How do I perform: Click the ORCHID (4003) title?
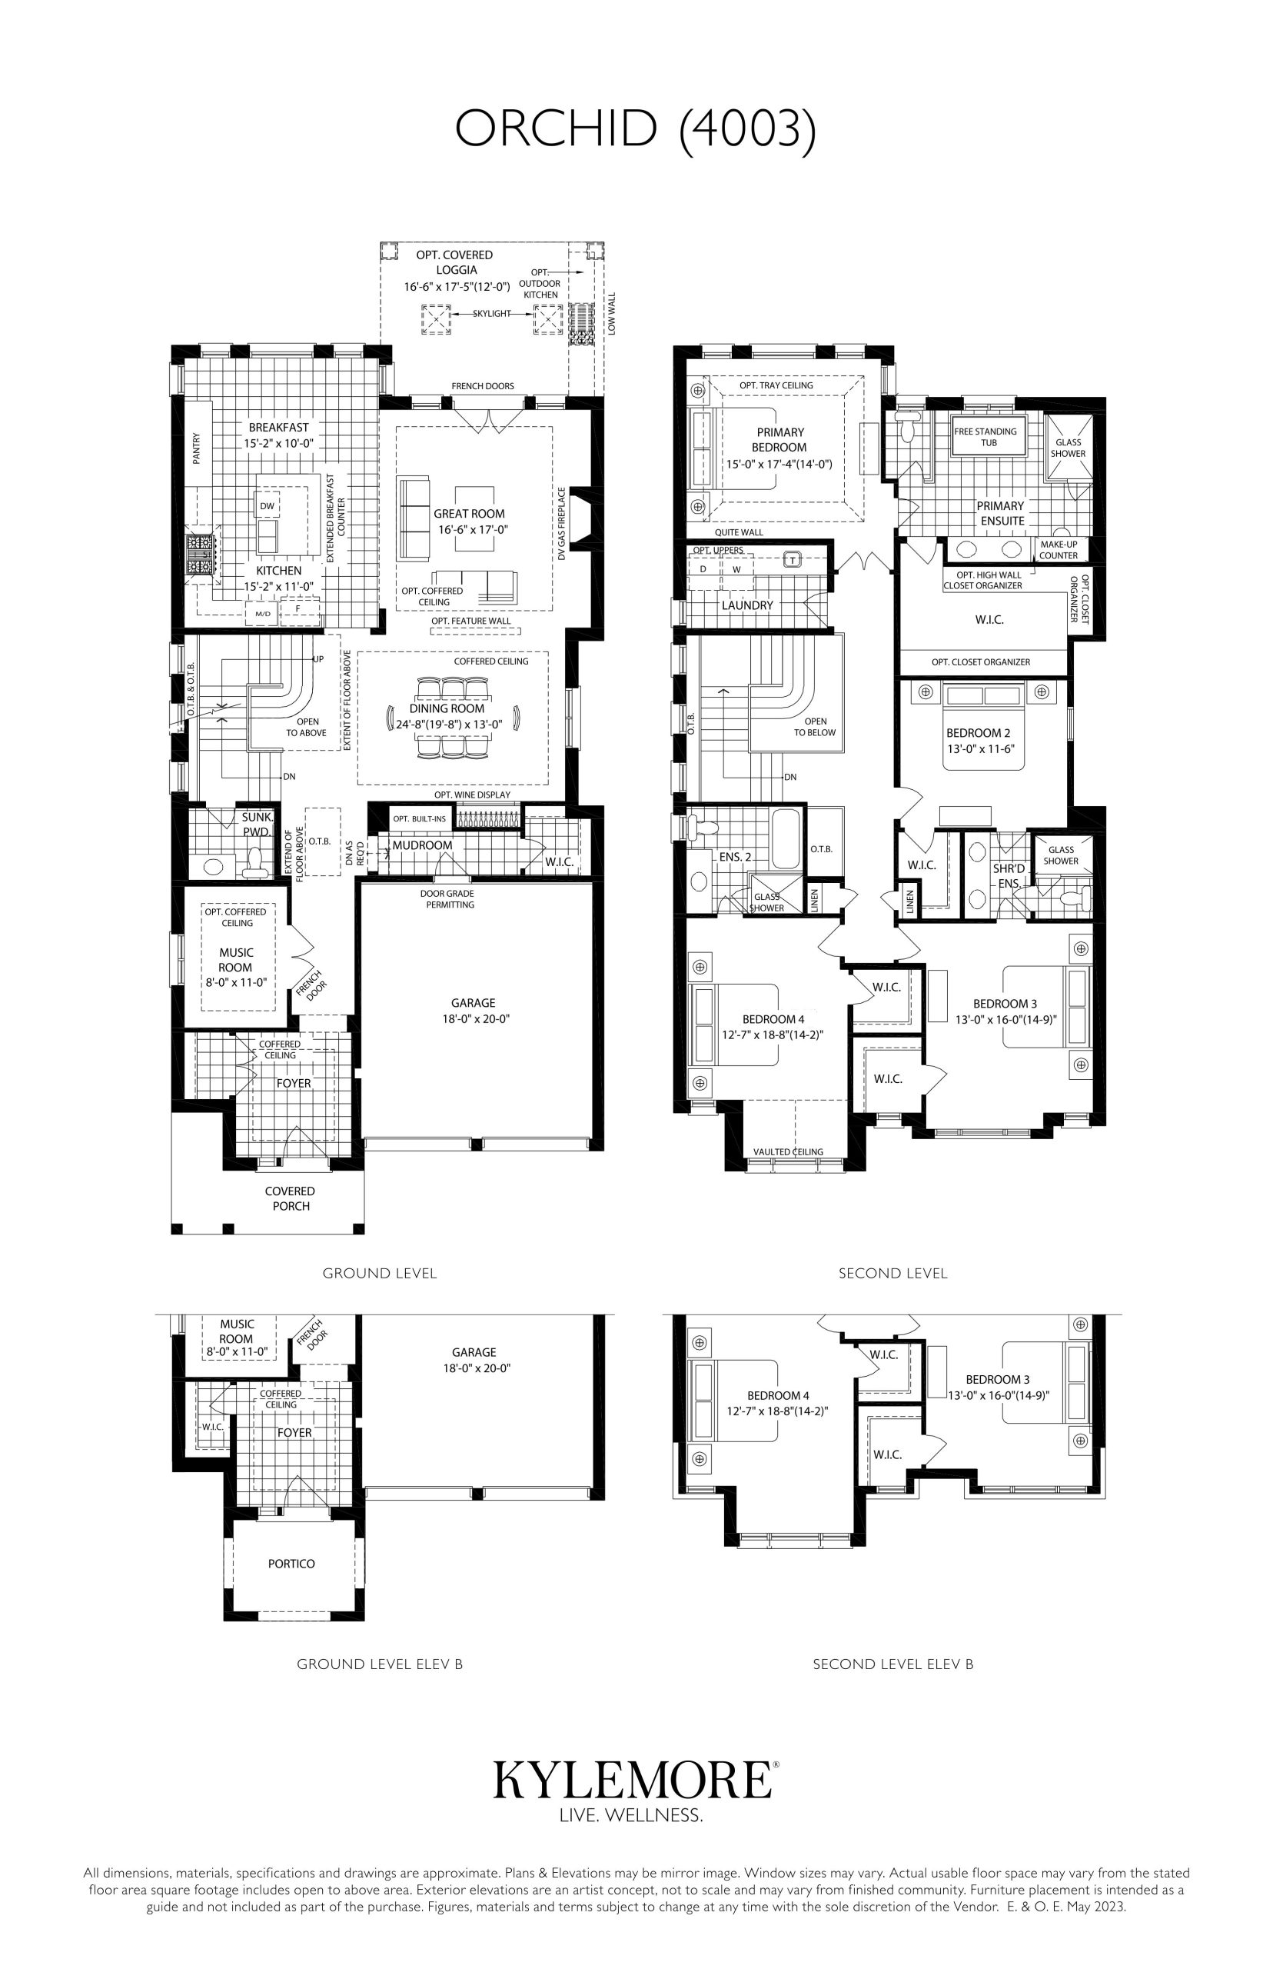pos(636,129)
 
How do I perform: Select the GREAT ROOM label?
pos(470,514)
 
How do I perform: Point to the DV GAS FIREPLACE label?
pos(562,524)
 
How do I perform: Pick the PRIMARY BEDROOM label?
pos(780,440)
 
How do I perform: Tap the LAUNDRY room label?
pos(747,605)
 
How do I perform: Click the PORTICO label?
pos(291,1563)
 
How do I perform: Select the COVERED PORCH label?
pos(290,1198)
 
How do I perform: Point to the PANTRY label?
pos(197,449)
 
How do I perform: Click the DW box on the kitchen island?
pos(267,505)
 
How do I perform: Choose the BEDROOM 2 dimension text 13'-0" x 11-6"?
pos(980,749)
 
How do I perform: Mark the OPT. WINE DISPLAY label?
pos(472,795)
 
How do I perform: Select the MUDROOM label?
pos(422,845)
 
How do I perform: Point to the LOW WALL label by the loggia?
pos(612,312)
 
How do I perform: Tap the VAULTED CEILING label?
pos(788,1152)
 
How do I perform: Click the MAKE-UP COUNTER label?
pos(1058,550)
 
